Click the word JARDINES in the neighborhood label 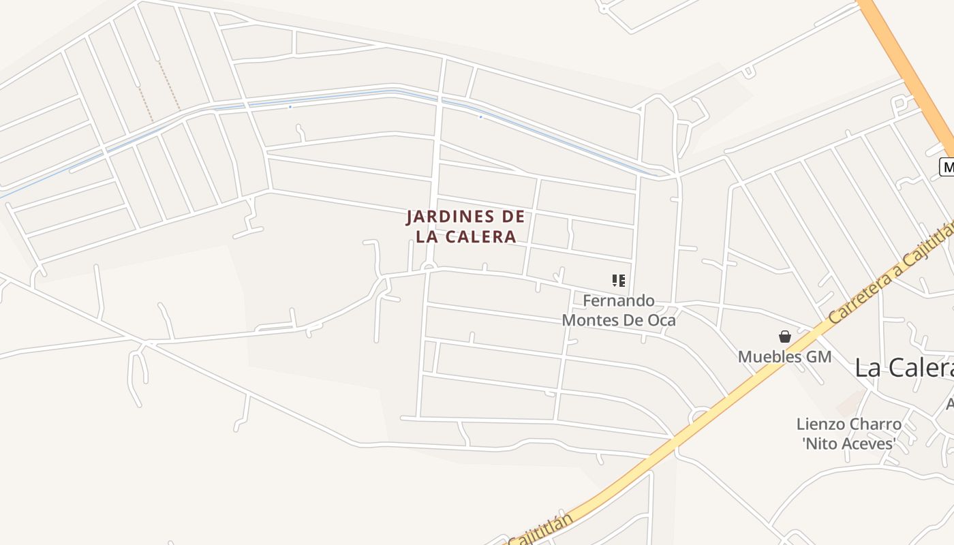point(449,217)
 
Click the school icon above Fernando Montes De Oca point(619,280)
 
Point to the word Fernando point(619,300)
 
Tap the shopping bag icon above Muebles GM point(785,337)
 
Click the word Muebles point(769,356)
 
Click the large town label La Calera point(904,368)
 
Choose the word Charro point(875,424)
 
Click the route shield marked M point(947,167)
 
